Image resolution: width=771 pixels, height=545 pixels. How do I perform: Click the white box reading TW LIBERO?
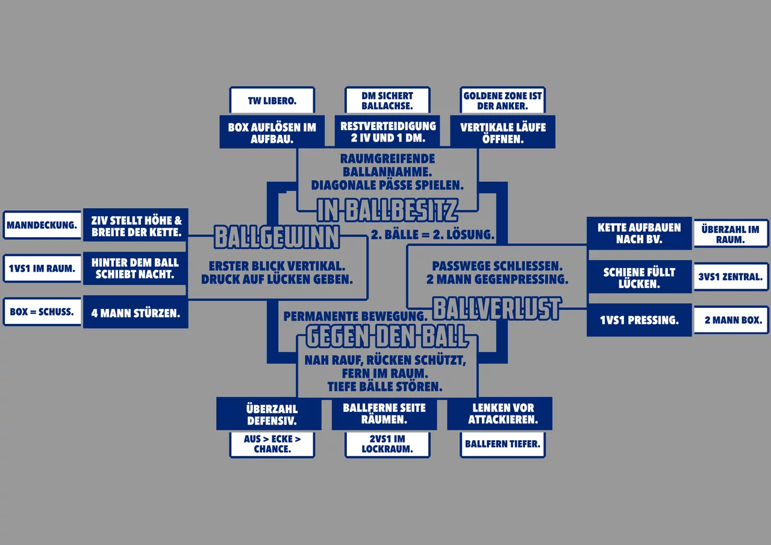pos(272,101)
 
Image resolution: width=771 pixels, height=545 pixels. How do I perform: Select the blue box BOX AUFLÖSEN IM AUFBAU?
pos(272,132)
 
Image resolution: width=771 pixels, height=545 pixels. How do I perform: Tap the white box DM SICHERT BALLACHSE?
pos(387,101)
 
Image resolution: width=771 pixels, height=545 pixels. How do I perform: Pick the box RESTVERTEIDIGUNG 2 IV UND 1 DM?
pos(387,132)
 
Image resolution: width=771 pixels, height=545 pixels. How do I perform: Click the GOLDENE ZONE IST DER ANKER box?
pos(502,101)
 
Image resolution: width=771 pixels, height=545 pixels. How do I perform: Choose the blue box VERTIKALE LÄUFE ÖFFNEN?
pos(502,132)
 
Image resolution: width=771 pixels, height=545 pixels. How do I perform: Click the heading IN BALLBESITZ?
pos(387,210)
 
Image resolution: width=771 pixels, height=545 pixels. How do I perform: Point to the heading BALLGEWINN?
pos(277,237)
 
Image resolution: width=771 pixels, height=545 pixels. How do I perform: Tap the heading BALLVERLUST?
pos(497,308)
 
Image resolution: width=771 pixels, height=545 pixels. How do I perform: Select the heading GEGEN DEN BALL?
pos(387,336)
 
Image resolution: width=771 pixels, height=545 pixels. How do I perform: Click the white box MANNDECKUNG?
pos(42,226)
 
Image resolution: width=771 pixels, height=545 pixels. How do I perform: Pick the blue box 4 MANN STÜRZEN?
pos(136,313)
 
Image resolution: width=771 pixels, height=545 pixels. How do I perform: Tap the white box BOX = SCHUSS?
pos(42,313)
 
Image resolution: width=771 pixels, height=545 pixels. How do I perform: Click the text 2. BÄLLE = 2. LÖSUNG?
pos(432,235)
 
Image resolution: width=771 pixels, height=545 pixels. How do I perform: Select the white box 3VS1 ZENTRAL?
pos(731,277)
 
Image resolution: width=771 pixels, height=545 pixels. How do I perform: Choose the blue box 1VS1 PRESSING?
pos(639,320)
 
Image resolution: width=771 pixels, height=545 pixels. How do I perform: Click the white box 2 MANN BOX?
pos(731,320)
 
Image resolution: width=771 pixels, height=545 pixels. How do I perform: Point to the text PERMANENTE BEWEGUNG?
pos(355,316)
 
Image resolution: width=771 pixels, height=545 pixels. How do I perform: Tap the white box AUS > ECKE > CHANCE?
pos(272,444)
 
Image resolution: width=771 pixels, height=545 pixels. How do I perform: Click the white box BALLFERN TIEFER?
pos(502,444)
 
